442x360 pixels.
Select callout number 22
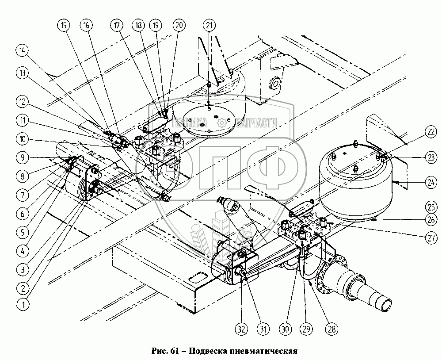pyautogui.click(x=419, y=131)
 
